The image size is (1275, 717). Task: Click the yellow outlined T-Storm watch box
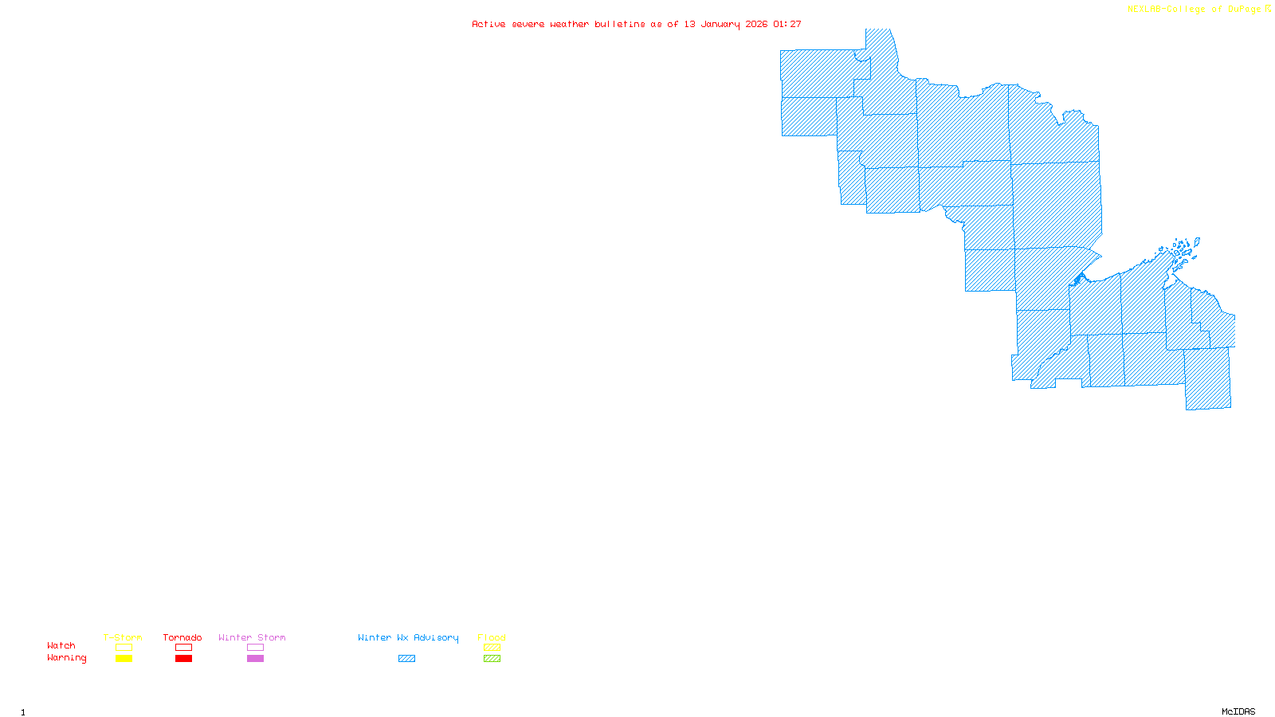[x=124, y=648]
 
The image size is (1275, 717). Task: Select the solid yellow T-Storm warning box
[x=124, y=659]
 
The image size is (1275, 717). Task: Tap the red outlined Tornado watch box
[x=183, y=648]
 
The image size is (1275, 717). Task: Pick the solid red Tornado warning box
[x=183, y=659]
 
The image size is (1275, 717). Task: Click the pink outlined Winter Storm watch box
[x=255, y=648]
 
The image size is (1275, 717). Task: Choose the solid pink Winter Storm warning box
[x=255, y=659]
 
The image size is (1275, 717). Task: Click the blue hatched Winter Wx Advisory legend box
[x=406, y=659]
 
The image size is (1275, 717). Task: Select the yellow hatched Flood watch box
[x=492, y=648]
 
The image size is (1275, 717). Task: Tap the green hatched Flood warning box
[x=492, y=659]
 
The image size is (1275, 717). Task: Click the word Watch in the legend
[x=61, y=645]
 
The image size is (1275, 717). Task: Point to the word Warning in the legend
[x=66, y=658]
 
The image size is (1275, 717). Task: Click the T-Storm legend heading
[x=123, y=637]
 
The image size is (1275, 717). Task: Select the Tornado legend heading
[x=182, y=637]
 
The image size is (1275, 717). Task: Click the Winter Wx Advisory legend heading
[x=408, y=637]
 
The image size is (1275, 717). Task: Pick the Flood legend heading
[x=492, y=637]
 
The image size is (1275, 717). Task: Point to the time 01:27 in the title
[x=787, y=25]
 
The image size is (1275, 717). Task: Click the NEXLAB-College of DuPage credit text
[x=1195, y=10]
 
